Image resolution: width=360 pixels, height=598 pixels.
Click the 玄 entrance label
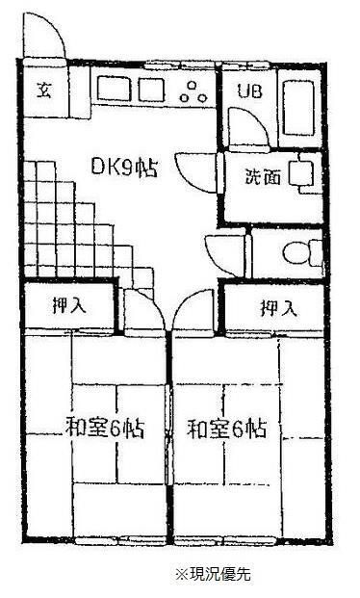[x=43, y=91]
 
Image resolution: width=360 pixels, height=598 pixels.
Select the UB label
[x=249, y=92]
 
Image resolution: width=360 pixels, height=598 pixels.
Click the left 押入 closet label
[x=67, y=307]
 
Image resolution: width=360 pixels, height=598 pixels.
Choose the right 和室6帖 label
[x=226, y=426]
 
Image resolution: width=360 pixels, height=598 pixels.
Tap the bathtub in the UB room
[x=298, y=106]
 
